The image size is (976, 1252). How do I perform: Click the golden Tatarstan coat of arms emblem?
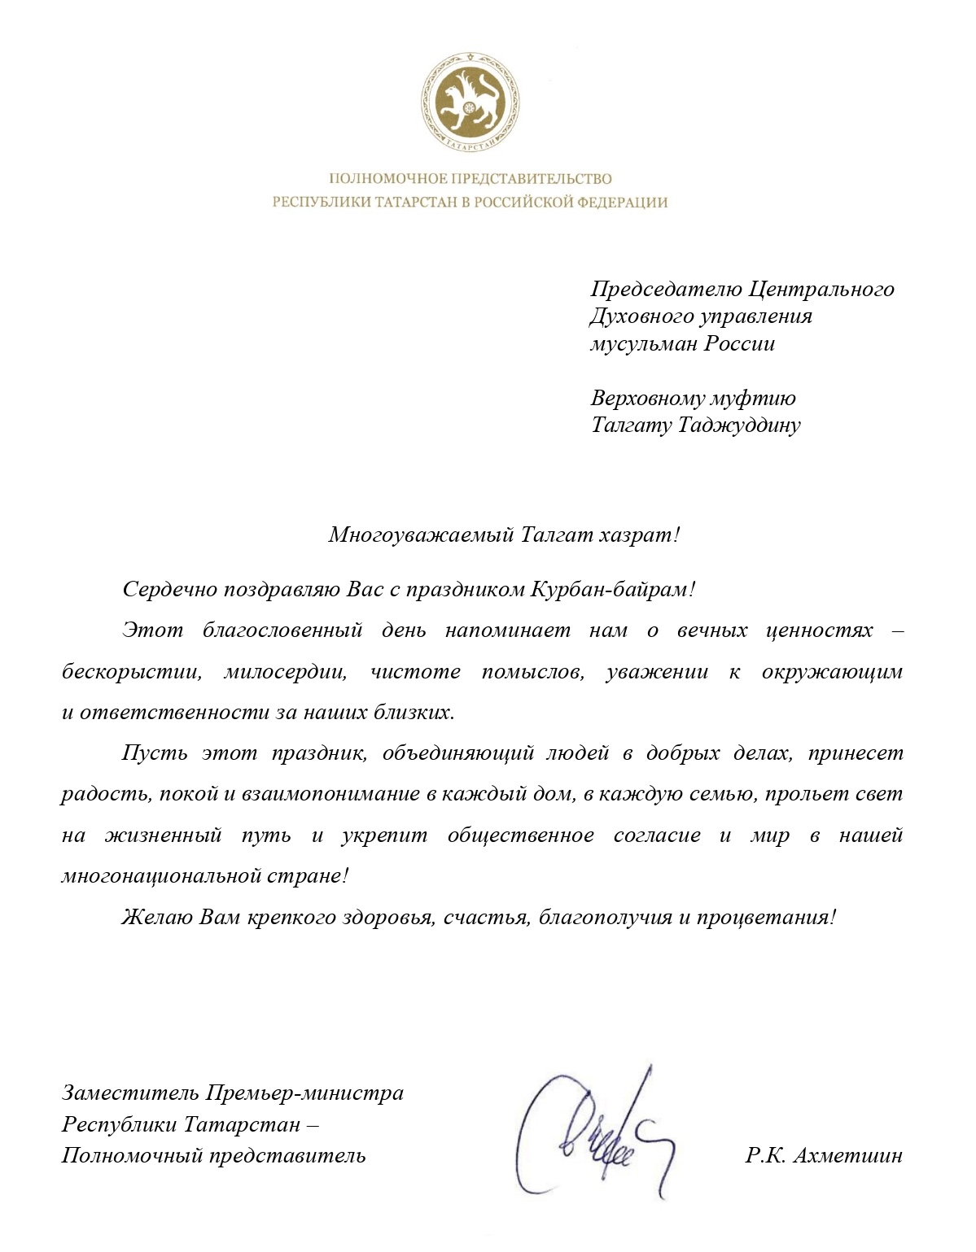(470, 103)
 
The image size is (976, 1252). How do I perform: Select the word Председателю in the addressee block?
(667, 289)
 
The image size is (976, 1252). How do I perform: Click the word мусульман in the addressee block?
(644, 343)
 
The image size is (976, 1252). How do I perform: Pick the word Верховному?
(648, 398)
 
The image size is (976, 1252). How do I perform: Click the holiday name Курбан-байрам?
(609, 589)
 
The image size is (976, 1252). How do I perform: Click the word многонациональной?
(160, 876)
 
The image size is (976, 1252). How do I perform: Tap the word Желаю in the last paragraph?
(158, 917)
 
